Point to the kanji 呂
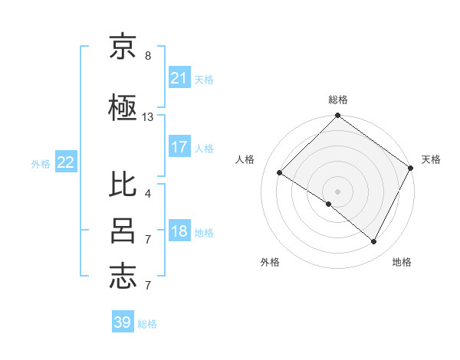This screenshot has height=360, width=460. [123, 231]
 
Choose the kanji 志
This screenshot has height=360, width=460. [123, 277]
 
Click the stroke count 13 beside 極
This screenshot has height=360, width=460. [148, 117]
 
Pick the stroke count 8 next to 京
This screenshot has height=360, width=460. [148, 56]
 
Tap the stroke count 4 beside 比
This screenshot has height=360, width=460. [148, 193]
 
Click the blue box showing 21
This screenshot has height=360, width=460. [179, 78]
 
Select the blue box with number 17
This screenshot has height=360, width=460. [179, 147]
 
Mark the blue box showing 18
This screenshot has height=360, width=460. [179, 232]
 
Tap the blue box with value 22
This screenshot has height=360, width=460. [66, 162]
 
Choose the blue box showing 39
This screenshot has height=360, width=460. [123, 322]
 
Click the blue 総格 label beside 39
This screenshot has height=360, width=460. [147, 324]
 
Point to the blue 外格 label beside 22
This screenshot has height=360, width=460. [41, 163]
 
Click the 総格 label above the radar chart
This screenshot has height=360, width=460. [337, 100]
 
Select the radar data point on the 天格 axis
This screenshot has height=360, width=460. [410, 168]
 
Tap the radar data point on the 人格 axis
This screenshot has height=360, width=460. [280, 173]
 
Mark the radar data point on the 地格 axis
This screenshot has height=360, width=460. [374, 242]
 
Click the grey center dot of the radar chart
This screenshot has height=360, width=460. [337, 191]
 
